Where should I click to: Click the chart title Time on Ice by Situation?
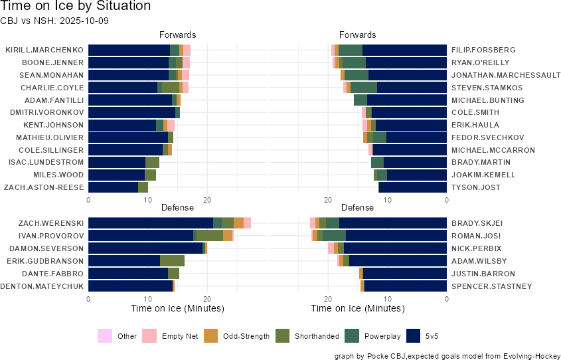tap(76, 7)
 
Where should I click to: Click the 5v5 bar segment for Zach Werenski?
tap(151, 223)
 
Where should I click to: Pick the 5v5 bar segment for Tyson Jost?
tap(412, 187)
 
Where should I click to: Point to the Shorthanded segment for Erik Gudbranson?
tap(172, 261)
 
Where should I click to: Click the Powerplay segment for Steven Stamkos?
tap(363, 88)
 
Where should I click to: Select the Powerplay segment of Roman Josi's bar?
tap(334, 236)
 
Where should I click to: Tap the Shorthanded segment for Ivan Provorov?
tap(209, 236)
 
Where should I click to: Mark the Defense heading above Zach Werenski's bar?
tap(177, 208)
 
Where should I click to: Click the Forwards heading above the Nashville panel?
tap(357, 35)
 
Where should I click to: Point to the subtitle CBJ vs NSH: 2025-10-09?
tap(54, 21)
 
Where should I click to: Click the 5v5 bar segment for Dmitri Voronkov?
tap(131, 112)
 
